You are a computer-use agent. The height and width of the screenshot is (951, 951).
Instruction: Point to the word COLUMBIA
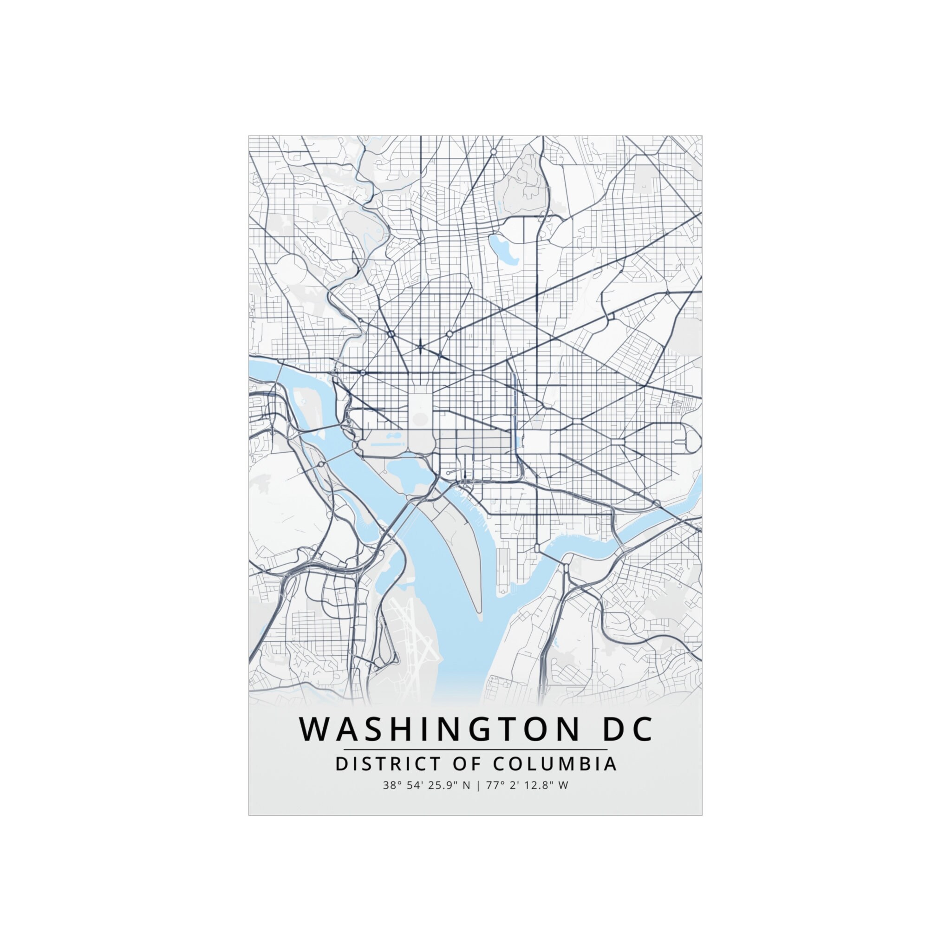554,764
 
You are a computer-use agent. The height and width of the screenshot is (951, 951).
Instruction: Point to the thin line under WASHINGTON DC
475,749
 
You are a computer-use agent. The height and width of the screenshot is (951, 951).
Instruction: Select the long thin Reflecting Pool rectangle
388,444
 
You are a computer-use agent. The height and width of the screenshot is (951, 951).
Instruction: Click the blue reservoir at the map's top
502,248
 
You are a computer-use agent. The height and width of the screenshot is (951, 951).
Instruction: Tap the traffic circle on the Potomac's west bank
321,464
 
